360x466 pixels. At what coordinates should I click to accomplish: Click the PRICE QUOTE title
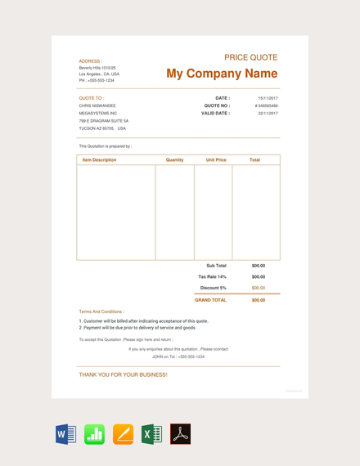pos(250,57)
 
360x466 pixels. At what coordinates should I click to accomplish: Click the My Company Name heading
pos(222,74)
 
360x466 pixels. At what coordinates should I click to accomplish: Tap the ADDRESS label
pos(90,60)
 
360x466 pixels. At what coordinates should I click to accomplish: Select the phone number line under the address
pos(97,80)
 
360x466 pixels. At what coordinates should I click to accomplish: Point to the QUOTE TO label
pos(91,97)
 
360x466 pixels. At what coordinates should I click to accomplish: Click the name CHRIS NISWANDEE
pos(97,105)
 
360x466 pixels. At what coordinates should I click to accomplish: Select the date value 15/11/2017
pos(268,97)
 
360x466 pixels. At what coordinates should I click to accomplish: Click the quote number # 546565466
pos(266,105)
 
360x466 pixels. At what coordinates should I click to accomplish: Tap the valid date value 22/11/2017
pos(268,114)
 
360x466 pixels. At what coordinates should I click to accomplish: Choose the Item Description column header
pos(99,160)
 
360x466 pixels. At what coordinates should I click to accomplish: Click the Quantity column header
pos(174,160)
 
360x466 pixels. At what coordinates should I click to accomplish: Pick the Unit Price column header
pos(216,160)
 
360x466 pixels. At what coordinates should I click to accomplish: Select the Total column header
pos(254,160)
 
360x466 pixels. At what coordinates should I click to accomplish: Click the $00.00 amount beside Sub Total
pos(259,266)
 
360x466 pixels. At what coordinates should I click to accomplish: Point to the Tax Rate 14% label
pos(213,276)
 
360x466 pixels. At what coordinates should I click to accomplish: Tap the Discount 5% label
pos(214,288)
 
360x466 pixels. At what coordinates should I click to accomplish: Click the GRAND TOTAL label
pos(210,300)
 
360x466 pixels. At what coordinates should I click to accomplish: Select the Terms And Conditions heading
pos(101,311)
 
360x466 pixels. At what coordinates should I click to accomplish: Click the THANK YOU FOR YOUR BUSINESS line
pos(123,374)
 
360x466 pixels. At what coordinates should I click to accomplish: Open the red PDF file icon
pos(180,434)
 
